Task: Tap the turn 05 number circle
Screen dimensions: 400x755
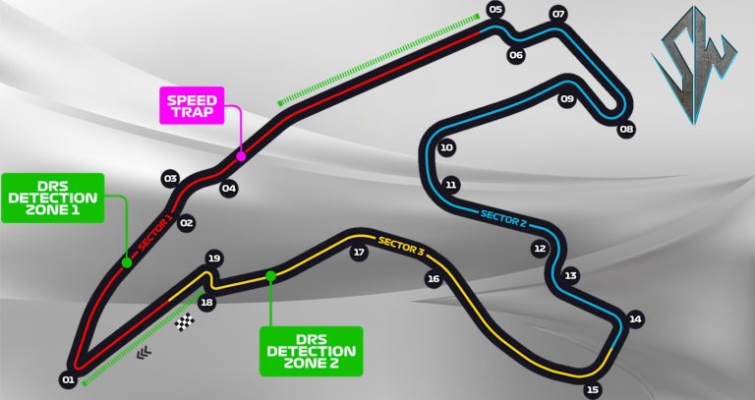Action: point(494,11)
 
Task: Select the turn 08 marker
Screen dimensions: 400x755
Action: point(626,129)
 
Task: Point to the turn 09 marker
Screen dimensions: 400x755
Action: point(567,99)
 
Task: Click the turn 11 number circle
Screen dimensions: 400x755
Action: point(451,184)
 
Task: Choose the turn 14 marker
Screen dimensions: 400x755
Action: point(635,318)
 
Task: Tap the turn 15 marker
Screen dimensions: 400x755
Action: point(592,389)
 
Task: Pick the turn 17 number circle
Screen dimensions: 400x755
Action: point(359,253)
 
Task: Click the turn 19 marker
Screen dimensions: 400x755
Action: point(213,258)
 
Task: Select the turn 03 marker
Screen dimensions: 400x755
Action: point(170,179)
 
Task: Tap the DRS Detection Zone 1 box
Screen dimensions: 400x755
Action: point(52,199)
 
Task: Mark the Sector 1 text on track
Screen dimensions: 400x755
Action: point(156,235)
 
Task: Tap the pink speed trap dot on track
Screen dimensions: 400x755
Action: point(241,153)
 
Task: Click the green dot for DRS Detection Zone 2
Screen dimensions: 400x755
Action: point(270,276)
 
